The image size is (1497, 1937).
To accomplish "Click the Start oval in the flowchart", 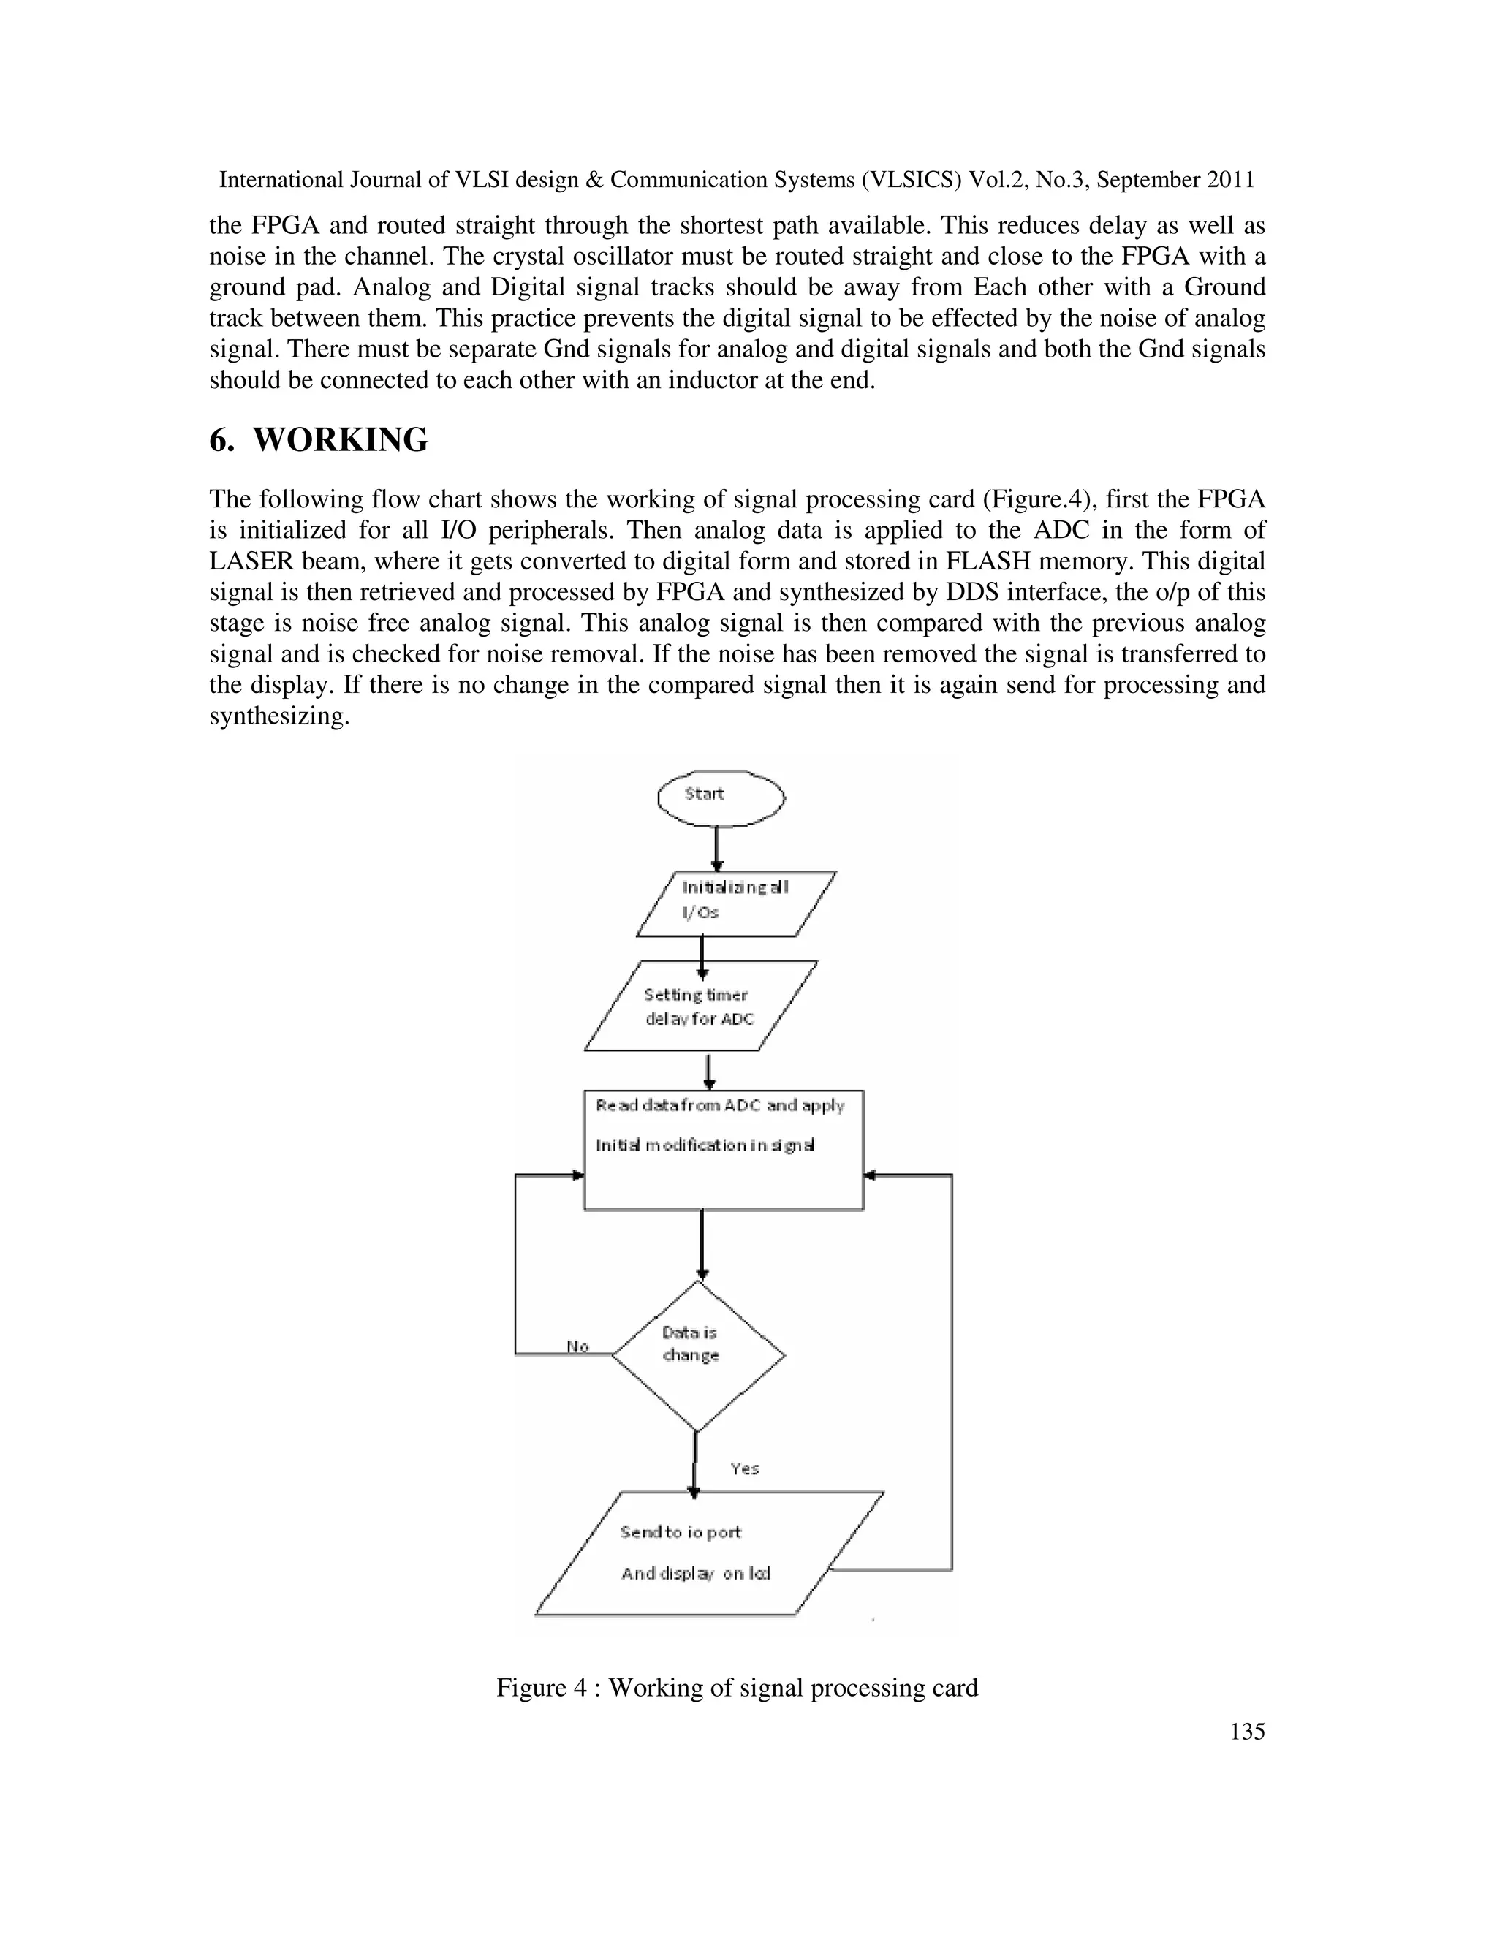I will click(x=720, y=797).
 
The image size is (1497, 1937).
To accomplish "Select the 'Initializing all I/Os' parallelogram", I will click(x=735, y=903).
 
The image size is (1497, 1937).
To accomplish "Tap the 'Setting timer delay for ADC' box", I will click(x=700, y=1006).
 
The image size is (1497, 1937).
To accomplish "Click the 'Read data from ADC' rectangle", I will click(x=723, y=1151).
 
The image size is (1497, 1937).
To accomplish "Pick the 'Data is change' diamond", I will click(x=698, y=1355).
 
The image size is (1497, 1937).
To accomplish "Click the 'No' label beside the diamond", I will click(x=577, y=1346).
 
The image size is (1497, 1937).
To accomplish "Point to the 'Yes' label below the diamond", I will click(x=744, y=1468).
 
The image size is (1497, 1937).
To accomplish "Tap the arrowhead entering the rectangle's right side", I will click(x=870, y=1175).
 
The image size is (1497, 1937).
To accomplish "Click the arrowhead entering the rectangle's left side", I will click(x=577, y=1175).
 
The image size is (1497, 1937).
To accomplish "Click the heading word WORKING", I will click(x=341, y=440).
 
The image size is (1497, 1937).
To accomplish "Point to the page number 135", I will click(x=1247, y=1731).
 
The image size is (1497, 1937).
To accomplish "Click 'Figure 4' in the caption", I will click(x=541, y=1688).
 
